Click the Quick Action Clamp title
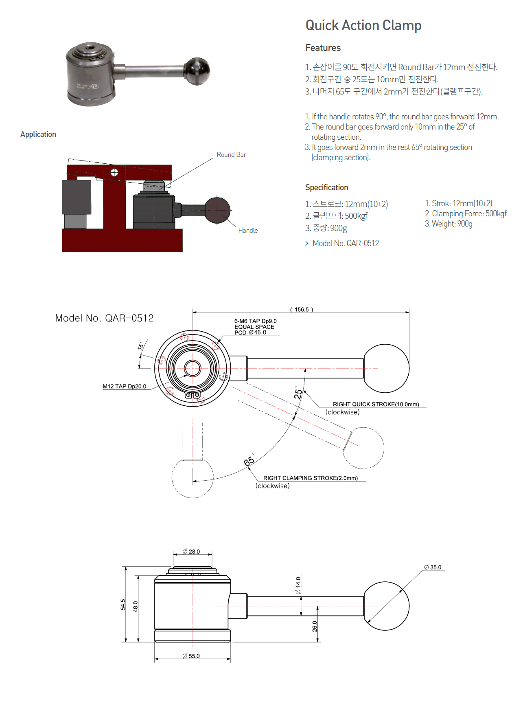[363, 25]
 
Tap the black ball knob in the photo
[197, 71]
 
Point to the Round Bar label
[231, 155]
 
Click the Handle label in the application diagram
[248, 231]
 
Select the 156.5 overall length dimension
[302, 310]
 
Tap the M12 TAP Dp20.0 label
[124, 387]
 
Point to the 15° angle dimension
[141, 346]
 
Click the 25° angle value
[298, 393]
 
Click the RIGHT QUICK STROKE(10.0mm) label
[376, 404]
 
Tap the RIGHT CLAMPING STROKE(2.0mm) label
[310, 478]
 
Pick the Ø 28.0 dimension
[191, 552]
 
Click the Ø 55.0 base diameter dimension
[191, 656]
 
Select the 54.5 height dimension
[123, 604]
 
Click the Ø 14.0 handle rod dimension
[298, 585]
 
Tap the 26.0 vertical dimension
[315, 626]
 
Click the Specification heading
[326, 187]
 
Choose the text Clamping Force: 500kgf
[469, 213]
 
